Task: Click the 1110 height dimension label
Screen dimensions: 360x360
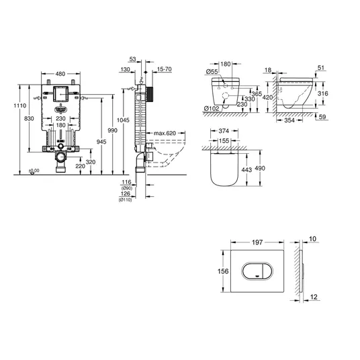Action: click(x=20, y=105)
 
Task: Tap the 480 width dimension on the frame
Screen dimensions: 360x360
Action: click(x=60, y=74)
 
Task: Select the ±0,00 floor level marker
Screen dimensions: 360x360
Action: click(x=34, y=171)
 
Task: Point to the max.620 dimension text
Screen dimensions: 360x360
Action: click(x=165, y=133)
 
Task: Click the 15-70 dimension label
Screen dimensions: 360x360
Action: click(x=165, y=69)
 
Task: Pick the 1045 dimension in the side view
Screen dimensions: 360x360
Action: click(x=123, y=120)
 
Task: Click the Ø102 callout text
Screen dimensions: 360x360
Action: click(x=212, y=108)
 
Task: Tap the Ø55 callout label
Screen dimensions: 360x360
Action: click(x=212, y=72)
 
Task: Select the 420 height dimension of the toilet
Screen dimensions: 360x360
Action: click(x=268, y=97)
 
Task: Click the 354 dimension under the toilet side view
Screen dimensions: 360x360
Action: click(x=289, y=120)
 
